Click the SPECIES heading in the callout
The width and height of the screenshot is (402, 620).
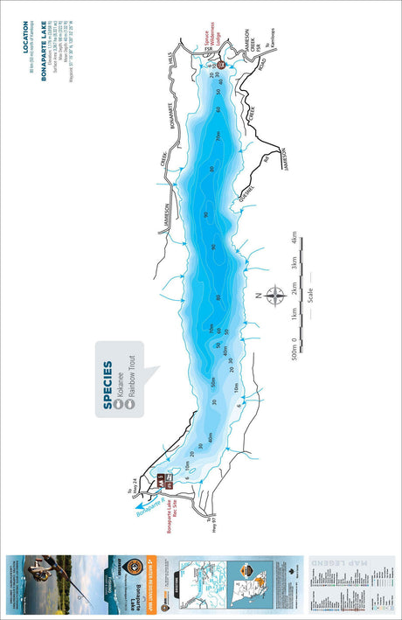[108, 385]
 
